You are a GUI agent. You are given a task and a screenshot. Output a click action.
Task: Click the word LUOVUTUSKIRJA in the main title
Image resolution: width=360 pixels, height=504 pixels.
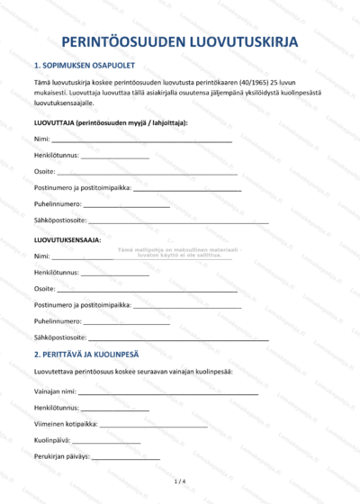pos(246,42)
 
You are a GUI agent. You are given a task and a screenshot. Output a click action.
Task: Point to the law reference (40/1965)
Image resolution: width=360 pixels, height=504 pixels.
pos(258,83)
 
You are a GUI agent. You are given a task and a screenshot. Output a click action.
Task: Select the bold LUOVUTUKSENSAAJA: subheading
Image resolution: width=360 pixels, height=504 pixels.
pos(67,240)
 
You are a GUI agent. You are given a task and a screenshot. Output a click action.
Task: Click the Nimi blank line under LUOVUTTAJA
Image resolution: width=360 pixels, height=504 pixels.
pos(141,141)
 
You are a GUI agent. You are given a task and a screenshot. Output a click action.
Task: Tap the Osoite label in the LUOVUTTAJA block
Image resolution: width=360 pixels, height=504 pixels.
pos(44,172)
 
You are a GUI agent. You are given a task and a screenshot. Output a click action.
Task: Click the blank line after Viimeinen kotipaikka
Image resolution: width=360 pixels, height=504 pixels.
pos(154,425)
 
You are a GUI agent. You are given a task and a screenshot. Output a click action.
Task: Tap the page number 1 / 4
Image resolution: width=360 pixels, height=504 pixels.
pos(179,483)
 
